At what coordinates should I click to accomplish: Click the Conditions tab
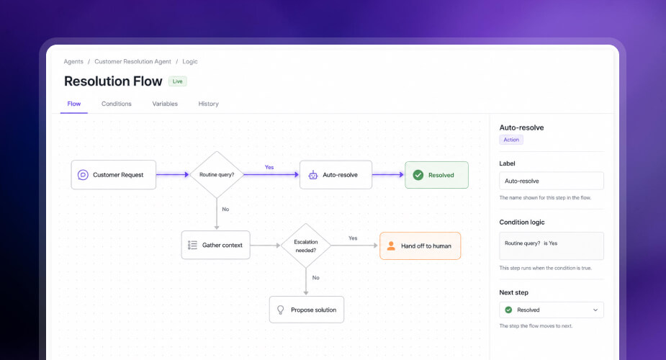click(x=117, y=104)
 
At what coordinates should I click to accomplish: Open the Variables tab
click(x=165, y=104)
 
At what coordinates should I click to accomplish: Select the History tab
click(x=209, y=104)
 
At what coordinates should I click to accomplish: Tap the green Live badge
click(x=178, y=81)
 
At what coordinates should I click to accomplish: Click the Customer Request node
click(x=114, y=174)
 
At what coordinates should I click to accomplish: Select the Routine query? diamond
click(x=217, y=174)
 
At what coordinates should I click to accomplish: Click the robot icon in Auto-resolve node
click(x=313, y=175)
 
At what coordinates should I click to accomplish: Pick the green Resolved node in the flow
click(x=436, y=175)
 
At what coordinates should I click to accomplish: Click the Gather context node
click(x=216, y=245)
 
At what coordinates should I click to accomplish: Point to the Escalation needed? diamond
click(x=306, y=246)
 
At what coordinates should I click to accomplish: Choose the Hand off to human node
click(x=420, y=246)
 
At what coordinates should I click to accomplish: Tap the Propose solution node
click(x=307, y=310)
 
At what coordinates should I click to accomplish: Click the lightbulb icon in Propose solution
click(x=280, y=310)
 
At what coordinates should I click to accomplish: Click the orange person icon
click(x=391, y=246)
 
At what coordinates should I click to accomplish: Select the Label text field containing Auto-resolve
click(x=552, y=181)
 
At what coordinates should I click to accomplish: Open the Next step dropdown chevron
click(x=595, y=310)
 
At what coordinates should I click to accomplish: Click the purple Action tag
click(x=511, y=140)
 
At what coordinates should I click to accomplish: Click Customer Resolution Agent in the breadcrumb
click(x=132, y=61)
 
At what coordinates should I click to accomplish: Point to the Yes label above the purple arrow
click(x=269, y=167)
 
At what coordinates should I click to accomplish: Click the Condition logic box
click(x=552, y=246)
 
